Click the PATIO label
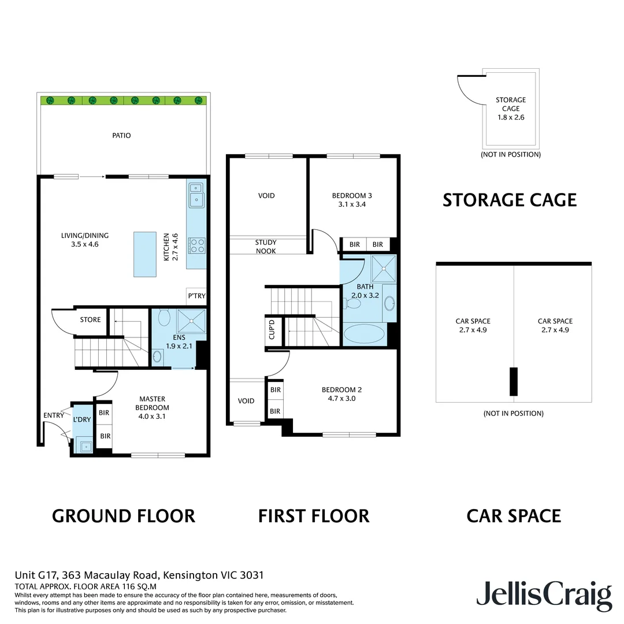pos(121,136)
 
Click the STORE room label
pos(90,320)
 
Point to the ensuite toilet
pos(163,318)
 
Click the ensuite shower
pos(190,321)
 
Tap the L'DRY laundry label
pos(82,419)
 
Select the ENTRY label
pos(54,415)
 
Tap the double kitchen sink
pos(196,194)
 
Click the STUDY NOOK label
pos(266,247)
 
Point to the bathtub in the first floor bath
pos(363,334)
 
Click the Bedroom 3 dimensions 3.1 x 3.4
pos(348,204)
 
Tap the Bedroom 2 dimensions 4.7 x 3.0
pos(341,398)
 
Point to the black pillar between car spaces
pos(513,381)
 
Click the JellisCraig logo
pos(544,595)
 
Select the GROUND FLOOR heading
pos(124,515)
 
